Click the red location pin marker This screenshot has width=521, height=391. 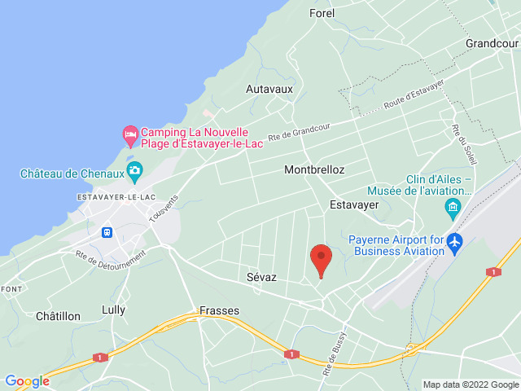pyautogui.click(x=322, y=260)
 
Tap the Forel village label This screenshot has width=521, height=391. pyautogui.click(x=322, y=13)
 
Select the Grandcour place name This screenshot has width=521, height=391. pyautogui.click(x=492, y=42)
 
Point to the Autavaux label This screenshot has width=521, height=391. pyautogui.click(x=269, y=88)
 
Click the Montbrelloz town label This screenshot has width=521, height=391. pyautogui.click(x=314, y=170)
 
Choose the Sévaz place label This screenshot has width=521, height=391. pyautogui.click(x=261, y=277)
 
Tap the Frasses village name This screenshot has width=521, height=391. pyautogui.click(x=219, y=310)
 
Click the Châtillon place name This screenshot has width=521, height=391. pyautogui.click(x=58, y=315)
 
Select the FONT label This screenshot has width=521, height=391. pyautogui.click(x=11, y=289)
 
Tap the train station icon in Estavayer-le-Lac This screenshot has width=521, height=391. pyautogui.click(x=107, y=231)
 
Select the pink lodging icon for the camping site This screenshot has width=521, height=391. pyautogui.click(x=129, y=133)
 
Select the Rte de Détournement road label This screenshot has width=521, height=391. pyautogui.click(x=110, y=265)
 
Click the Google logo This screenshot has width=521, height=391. pyautogui.click(x=27, y=380)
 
